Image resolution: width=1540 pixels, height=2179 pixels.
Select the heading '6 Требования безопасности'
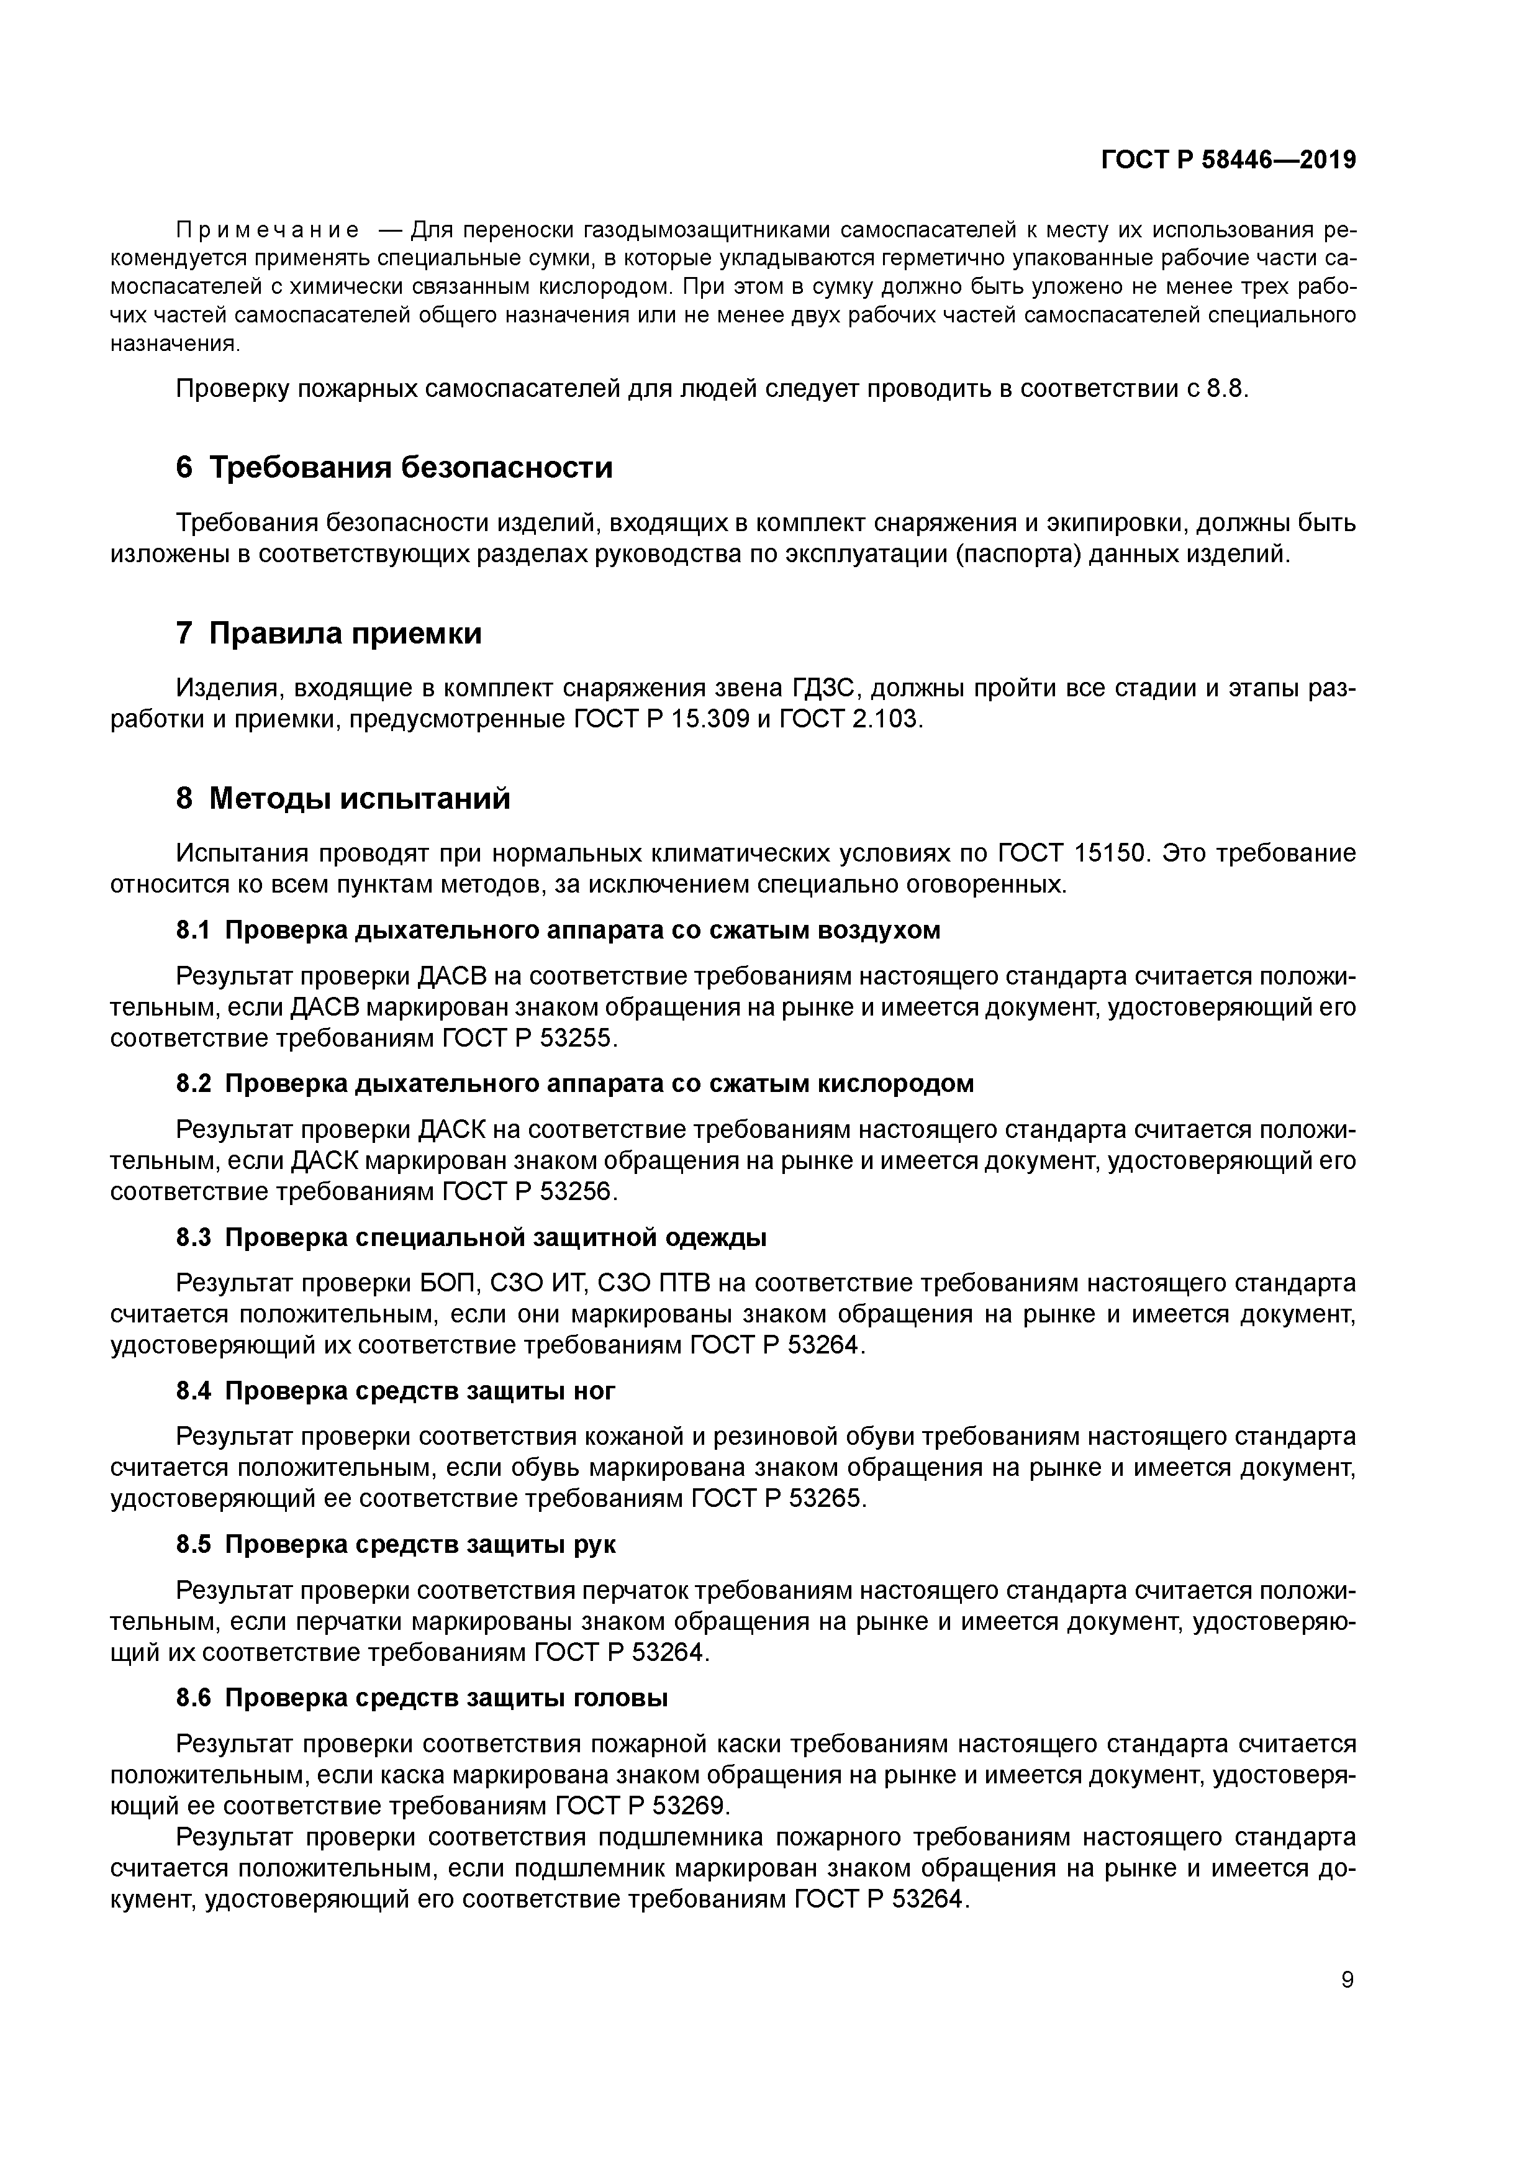(x=395, y=467)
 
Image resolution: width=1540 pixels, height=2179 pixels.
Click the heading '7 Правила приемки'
(x=329, y=633)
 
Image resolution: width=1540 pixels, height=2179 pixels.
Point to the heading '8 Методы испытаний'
(x=343, y=798)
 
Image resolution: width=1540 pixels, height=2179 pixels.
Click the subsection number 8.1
(x=192, y=930)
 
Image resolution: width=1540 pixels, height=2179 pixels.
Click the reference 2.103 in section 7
(x=886, y=719)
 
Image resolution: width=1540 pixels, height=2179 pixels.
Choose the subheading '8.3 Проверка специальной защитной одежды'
(x=471, y=1237)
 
